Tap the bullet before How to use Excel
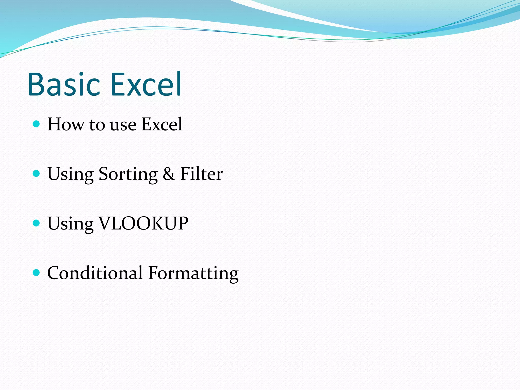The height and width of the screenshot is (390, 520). pos(37,124)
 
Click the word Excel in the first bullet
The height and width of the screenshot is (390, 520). pos(162,124)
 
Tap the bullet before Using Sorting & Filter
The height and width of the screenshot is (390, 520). pos(37,173)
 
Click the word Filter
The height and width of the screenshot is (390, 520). pos(201,174)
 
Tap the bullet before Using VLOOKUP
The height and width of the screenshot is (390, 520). pos(37,223)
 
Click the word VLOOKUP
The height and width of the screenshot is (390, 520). pos(143,223)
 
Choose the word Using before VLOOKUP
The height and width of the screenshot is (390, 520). pos(70,224)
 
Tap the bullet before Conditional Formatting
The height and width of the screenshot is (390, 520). pos(37,273)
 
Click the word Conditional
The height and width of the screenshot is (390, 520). pos(95,273)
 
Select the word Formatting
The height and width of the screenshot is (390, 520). pos(193,274)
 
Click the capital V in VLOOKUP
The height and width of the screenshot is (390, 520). pos(105,223)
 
